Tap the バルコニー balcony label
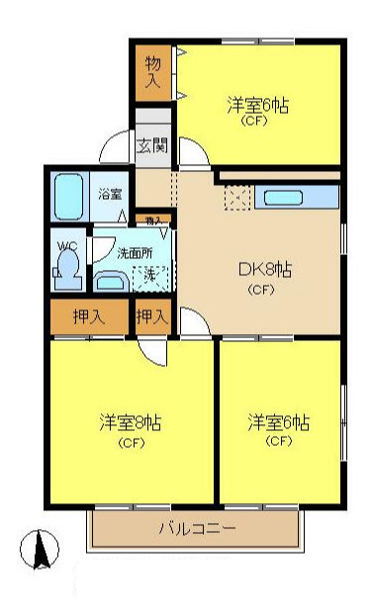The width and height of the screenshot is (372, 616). tap(198, 529)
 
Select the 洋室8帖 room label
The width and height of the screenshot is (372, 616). tap(130, 422)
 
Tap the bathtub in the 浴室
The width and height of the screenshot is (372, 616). tap(69, 197)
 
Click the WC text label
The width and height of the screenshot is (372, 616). tap(66, 245)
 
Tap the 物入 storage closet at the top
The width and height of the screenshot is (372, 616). tap(153, 72)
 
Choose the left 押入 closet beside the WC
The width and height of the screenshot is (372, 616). tap(89, 317)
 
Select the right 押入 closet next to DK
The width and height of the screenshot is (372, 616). tap(151, 317)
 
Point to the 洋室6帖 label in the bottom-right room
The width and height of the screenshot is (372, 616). tap(278, 422)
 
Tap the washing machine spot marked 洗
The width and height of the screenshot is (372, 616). tap(150, 274)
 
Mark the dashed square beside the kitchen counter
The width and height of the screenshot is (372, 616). tap(238, 197)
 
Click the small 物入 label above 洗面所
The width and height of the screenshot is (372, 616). tap(153, 220)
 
